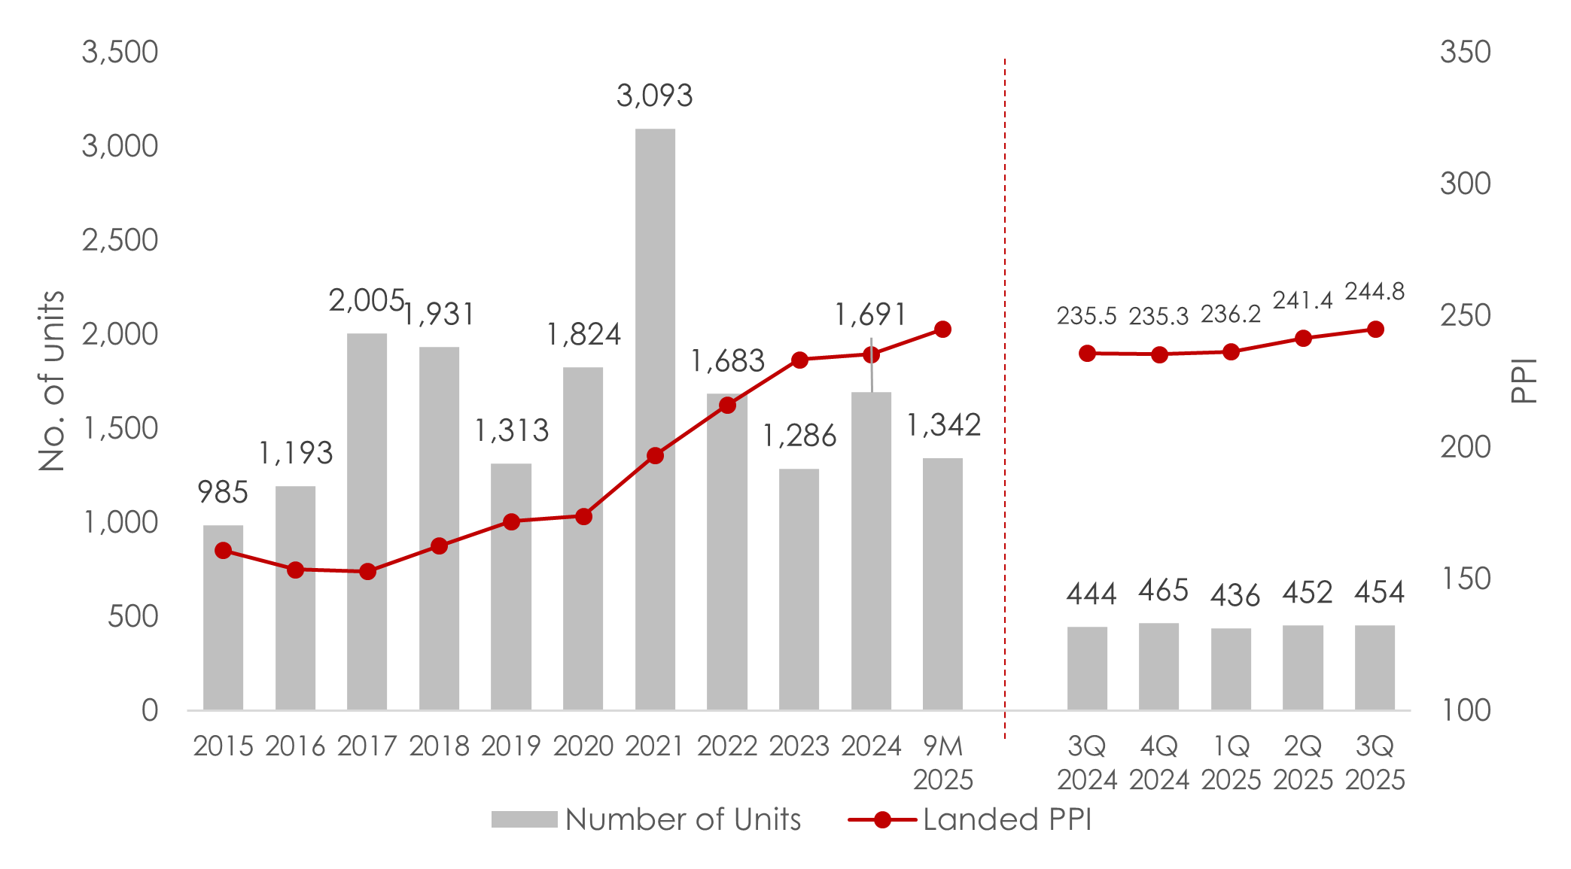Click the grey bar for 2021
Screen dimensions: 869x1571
pos(655,421)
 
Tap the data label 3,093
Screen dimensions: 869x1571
pos(654,96)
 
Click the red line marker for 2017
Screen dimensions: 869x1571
pos(367,572)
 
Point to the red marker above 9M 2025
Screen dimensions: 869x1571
pos(942,330)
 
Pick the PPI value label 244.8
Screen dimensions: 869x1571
pos(1375,291)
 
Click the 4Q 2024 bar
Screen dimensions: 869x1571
pos(1158,667)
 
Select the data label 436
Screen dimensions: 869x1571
pos(1235,596)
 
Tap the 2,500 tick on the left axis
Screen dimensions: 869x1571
pos(120,240)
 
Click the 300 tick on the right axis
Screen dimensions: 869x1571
pos(1465,184)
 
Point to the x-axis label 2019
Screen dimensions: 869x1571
pos(511,746)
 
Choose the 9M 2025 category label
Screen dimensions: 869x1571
pos(943,763)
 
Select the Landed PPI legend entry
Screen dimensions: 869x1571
pos(970,819)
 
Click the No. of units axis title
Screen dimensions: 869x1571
pos(52,381)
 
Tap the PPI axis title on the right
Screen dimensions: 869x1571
pos(1524,381)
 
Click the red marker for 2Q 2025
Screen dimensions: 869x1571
pos(1303,339)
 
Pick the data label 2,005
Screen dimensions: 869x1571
pos(366,301)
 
